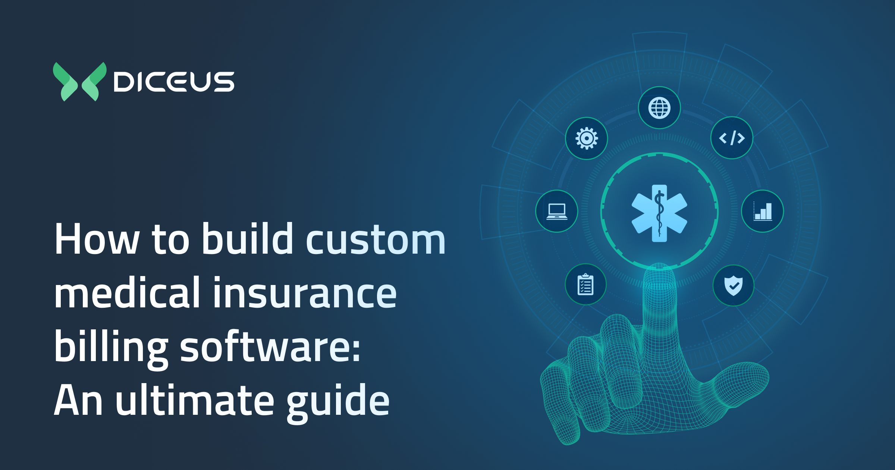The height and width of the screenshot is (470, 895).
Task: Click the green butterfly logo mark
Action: (x=80, y=82)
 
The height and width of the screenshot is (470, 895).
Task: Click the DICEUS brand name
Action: (x=174, y=82)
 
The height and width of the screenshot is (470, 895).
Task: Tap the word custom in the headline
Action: (x=376, y=239)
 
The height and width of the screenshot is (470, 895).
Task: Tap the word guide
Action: (x=338, y=402)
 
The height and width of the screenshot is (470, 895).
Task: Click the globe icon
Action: (x=659, y=108)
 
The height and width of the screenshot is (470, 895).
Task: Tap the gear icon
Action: (x=587, y=138)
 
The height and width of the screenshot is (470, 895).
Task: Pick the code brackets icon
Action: (x=732, y=138)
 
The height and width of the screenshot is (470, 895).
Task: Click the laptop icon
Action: (x=557, y=211)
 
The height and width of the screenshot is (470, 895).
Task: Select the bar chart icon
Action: (x=762, y=211)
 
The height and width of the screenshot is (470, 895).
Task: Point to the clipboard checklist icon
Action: (x=585, y=285)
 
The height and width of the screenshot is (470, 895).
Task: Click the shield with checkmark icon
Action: (x=733, y=285)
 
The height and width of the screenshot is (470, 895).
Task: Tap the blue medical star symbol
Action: (x=659, y=213)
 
